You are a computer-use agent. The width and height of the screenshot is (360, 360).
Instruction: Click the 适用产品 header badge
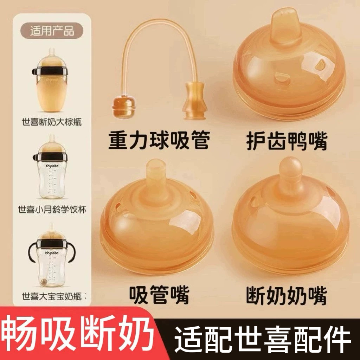point(52,31)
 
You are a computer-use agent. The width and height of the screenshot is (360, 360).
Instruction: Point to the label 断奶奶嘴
point(287,296)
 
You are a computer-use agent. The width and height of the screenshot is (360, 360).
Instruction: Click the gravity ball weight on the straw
point(123,107)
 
